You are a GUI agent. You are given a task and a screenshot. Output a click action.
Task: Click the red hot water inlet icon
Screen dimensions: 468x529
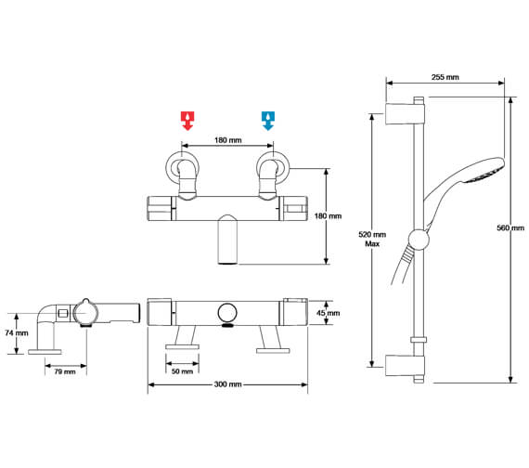point(188,120)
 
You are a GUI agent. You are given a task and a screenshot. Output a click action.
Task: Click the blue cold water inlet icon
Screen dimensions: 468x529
point(268,120)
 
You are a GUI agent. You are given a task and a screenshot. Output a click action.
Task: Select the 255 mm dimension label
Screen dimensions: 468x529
point(446,77)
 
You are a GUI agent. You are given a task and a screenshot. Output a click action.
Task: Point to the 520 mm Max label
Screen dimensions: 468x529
point(371,240)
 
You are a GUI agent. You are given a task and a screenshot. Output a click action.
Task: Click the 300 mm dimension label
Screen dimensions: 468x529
point(229,384)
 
